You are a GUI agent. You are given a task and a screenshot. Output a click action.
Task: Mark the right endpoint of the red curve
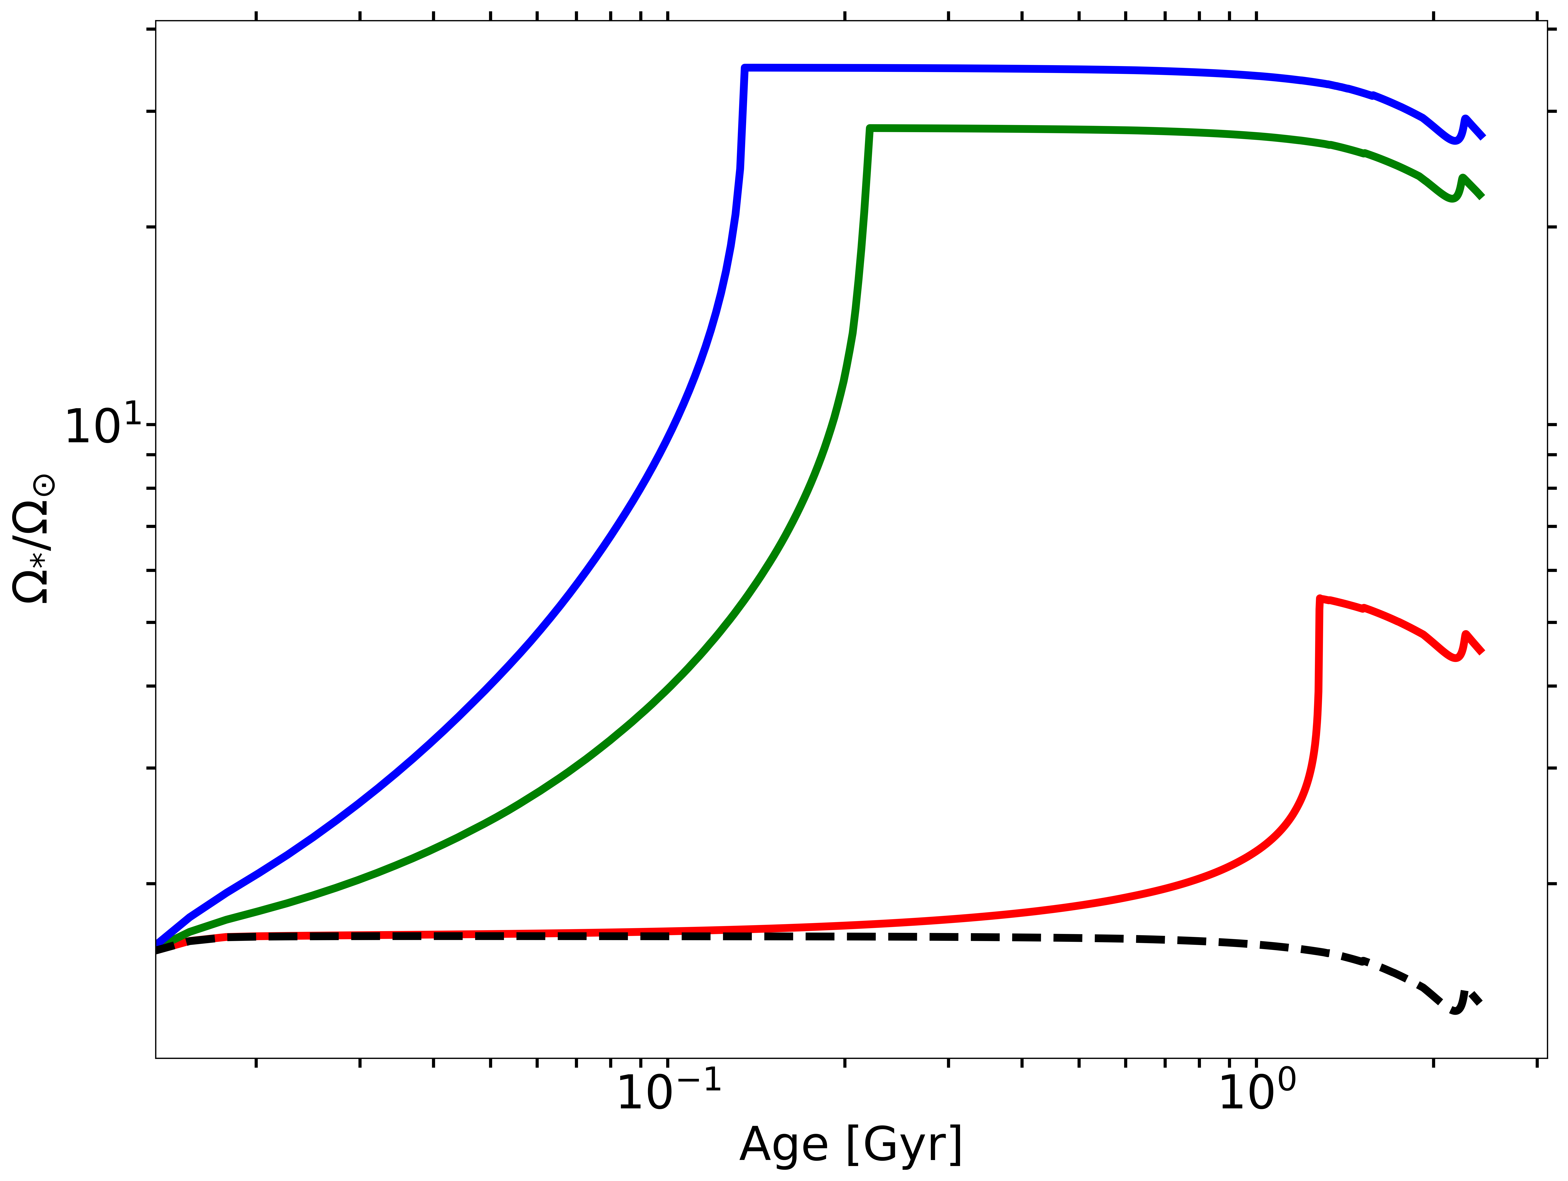1482,651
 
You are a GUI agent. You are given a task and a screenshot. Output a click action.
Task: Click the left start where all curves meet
157,947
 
